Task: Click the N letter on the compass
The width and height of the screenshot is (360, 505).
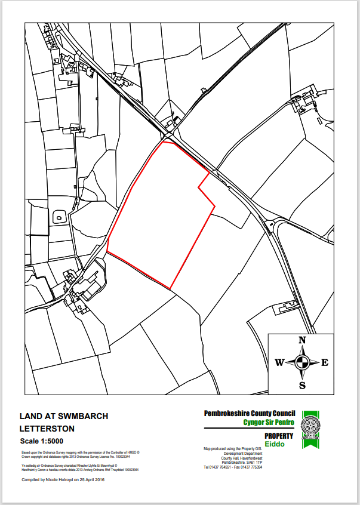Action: (302, 340)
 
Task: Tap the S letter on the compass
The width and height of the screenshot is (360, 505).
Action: (302, 385)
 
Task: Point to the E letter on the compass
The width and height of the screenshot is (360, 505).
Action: (325, 362)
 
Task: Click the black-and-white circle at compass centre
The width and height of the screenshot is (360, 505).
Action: (302, 362)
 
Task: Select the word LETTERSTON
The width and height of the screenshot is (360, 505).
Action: (47, 429)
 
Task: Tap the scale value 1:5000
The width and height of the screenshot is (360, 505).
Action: (58, 442)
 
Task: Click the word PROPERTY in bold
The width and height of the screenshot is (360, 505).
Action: (279, 436)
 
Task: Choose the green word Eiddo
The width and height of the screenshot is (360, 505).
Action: (275, 445)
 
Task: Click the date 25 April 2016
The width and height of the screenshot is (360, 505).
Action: (91, 479)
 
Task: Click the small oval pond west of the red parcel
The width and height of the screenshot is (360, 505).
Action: (60, 217)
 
